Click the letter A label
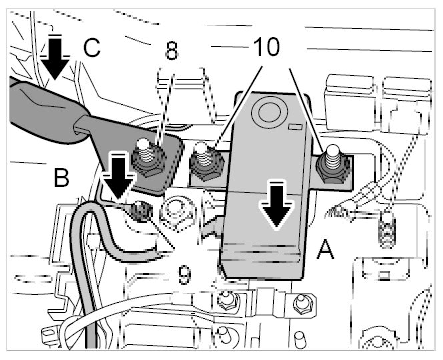pyautogui.click(x=326, y=250)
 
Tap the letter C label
pyautogui.click(x=93, y=48)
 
